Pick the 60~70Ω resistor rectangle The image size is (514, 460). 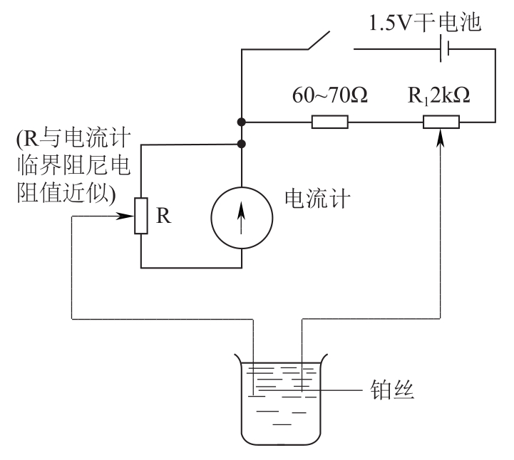tap(330, 122)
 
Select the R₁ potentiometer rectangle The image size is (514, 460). tap(441, 122)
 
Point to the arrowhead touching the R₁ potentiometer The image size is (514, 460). tap(442, 135)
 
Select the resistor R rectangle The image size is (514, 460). tap(140, 216)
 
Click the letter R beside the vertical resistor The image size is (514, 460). tap(164, 217)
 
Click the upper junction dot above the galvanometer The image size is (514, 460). tap(242, 122)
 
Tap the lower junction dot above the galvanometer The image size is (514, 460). tap(242, 144)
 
